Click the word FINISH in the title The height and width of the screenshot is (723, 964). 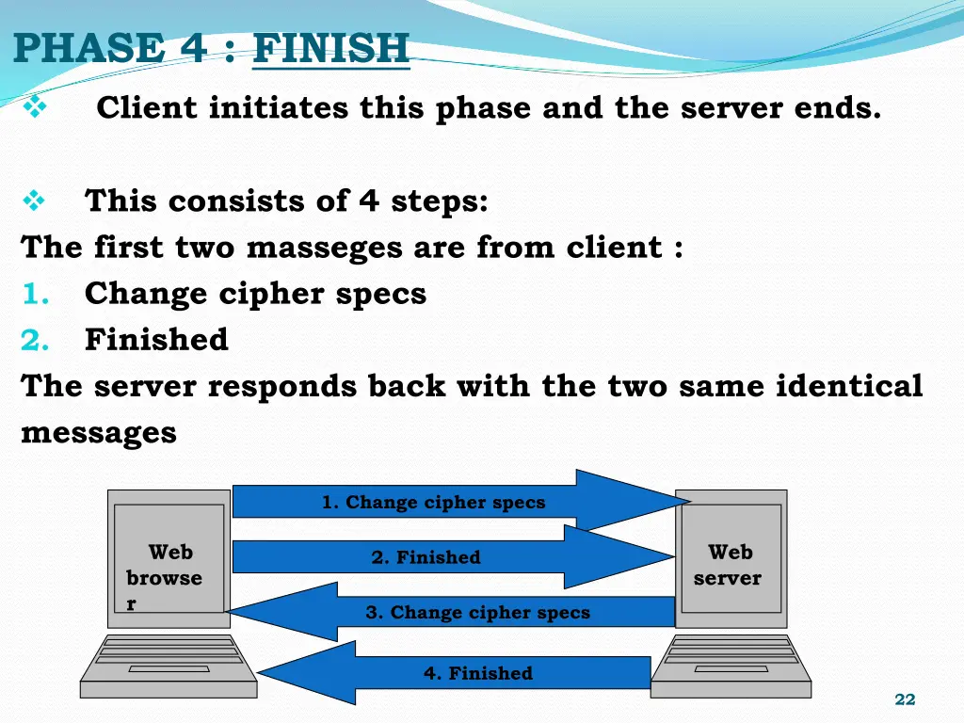click(x=331, y=48)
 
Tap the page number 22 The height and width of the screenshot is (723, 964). click(x=905, y=699)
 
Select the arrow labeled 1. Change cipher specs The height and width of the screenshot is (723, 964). click(x=434, y=502)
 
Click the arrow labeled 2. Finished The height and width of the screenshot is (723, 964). click(x=426, y=557)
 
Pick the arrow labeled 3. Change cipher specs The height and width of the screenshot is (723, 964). click(x=477, y=612)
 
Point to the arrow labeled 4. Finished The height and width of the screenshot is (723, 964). click(x=477, y=673)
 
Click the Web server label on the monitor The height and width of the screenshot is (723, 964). click(x=729, y=565)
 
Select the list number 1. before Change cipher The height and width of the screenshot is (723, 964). click(x=36, y=294)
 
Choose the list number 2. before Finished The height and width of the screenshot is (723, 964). click(x=36, y=339)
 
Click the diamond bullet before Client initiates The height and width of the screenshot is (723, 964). click(x=35, y=108)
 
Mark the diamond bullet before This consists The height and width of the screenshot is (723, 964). click(x=35, y=201)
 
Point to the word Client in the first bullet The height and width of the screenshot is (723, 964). click(x=147, y=108)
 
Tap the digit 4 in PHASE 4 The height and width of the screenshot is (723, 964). click(x=195, y=48)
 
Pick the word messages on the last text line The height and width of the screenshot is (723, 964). click(x=99, y=432)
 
